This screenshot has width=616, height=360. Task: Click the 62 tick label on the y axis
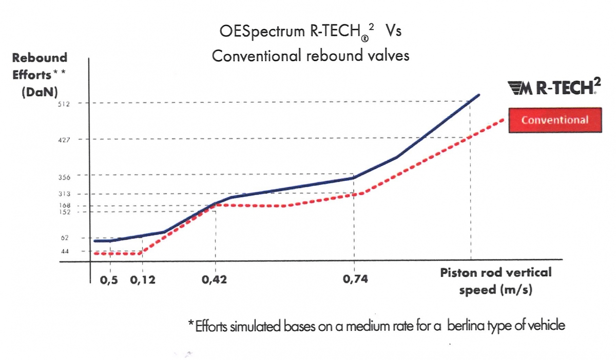[x=72, y=238]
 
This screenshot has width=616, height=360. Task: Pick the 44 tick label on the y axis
[x=72, y=251]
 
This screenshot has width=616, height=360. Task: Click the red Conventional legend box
[x=554, y=120]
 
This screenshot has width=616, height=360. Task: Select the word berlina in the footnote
[x=467, y=326]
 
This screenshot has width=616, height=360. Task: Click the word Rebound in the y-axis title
[x=40, y=58]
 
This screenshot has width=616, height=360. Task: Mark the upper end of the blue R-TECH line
[x=479, y=95]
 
